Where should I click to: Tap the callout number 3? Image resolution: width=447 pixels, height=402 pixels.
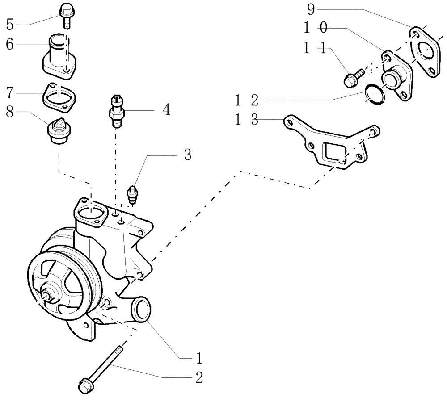[188, 155]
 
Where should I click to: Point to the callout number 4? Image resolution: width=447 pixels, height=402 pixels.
[166, 109]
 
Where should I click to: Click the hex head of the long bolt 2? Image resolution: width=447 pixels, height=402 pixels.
[84, 386]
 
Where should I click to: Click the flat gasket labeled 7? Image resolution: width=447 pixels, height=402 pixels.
[59, 96]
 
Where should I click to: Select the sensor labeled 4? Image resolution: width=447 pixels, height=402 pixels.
[116, 112]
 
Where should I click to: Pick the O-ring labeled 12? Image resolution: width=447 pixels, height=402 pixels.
[374, 95]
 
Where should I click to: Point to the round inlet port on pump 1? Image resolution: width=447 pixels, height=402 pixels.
[141, 308]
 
